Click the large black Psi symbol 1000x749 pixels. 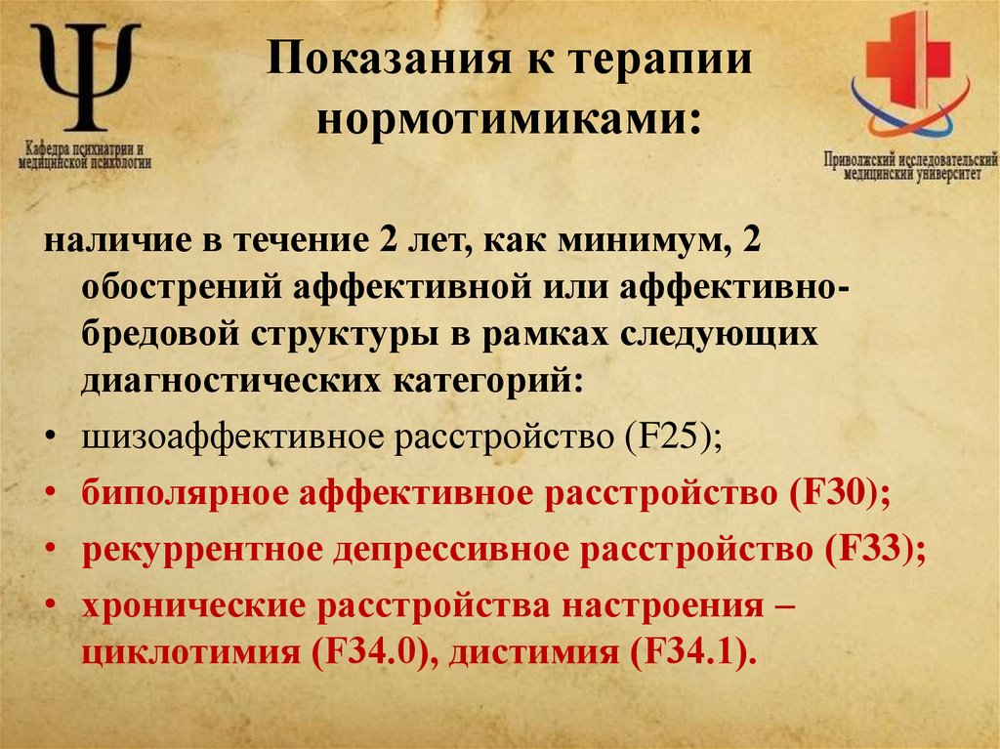coord(85,75)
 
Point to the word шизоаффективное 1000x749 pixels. coord(232,437)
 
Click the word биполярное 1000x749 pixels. coord(185,494)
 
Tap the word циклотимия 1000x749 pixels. coord(189,652)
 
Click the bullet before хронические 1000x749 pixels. coord(49,605)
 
